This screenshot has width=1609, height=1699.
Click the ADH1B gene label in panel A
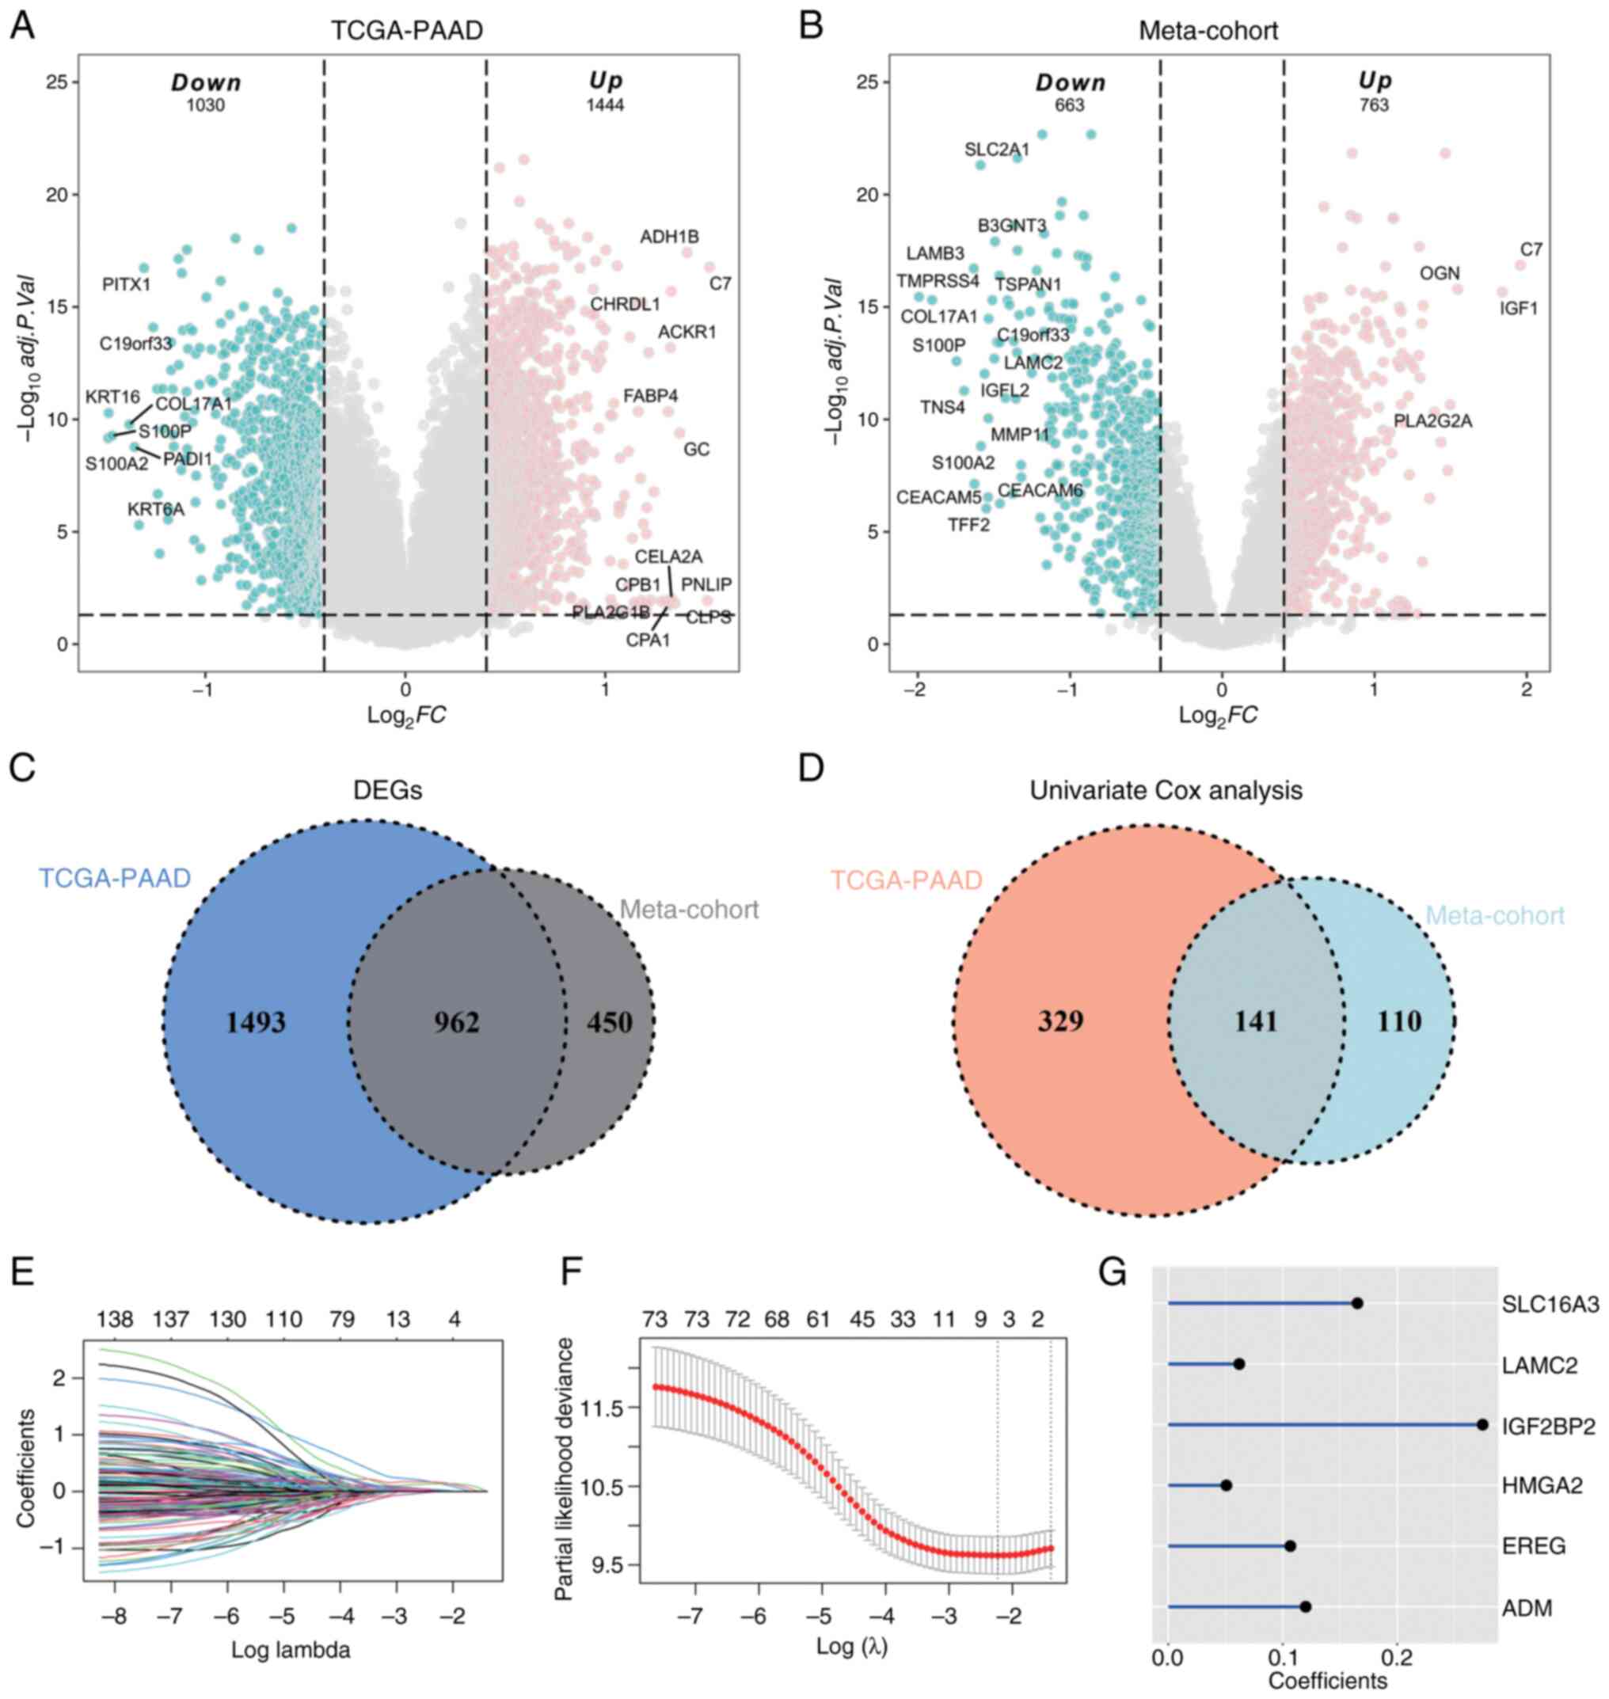[x=669, y=237]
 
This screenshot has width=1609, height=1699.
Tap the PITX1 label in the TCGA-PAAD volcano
[x=126, y=284]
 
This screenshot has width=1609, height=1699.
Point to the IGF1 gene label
[x=1518, y=308]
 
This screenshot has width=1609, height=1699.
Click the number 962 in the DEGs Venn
[x=456, y=1022]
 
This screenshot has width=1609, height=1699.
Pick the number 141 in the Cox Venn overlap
[x=1256, y=1021]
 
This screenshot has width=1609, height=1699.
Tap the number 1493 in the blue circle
[x=256, y=1022]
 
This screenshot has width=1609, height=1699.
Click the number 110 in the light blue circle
[x=1399, y=1021]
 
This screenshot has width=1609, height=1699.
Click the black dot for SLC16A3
[x=1357, y=1304]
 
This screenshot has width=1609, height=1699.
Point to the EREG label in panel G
[x=1534, y=1546]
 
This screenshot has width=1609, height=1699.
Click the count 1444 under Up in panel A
[x=605, y=105]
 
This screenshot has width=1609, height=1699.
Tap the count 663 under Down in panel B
[x=1070, y=105]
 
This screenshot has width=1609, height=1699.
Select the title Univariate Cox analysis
[x=1166, y=790]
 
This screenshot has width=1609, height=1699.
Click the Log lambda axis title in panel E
[x=290, y=1650]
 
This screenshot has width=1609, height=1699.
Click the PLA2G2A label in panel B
[x=1432, y=421]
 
